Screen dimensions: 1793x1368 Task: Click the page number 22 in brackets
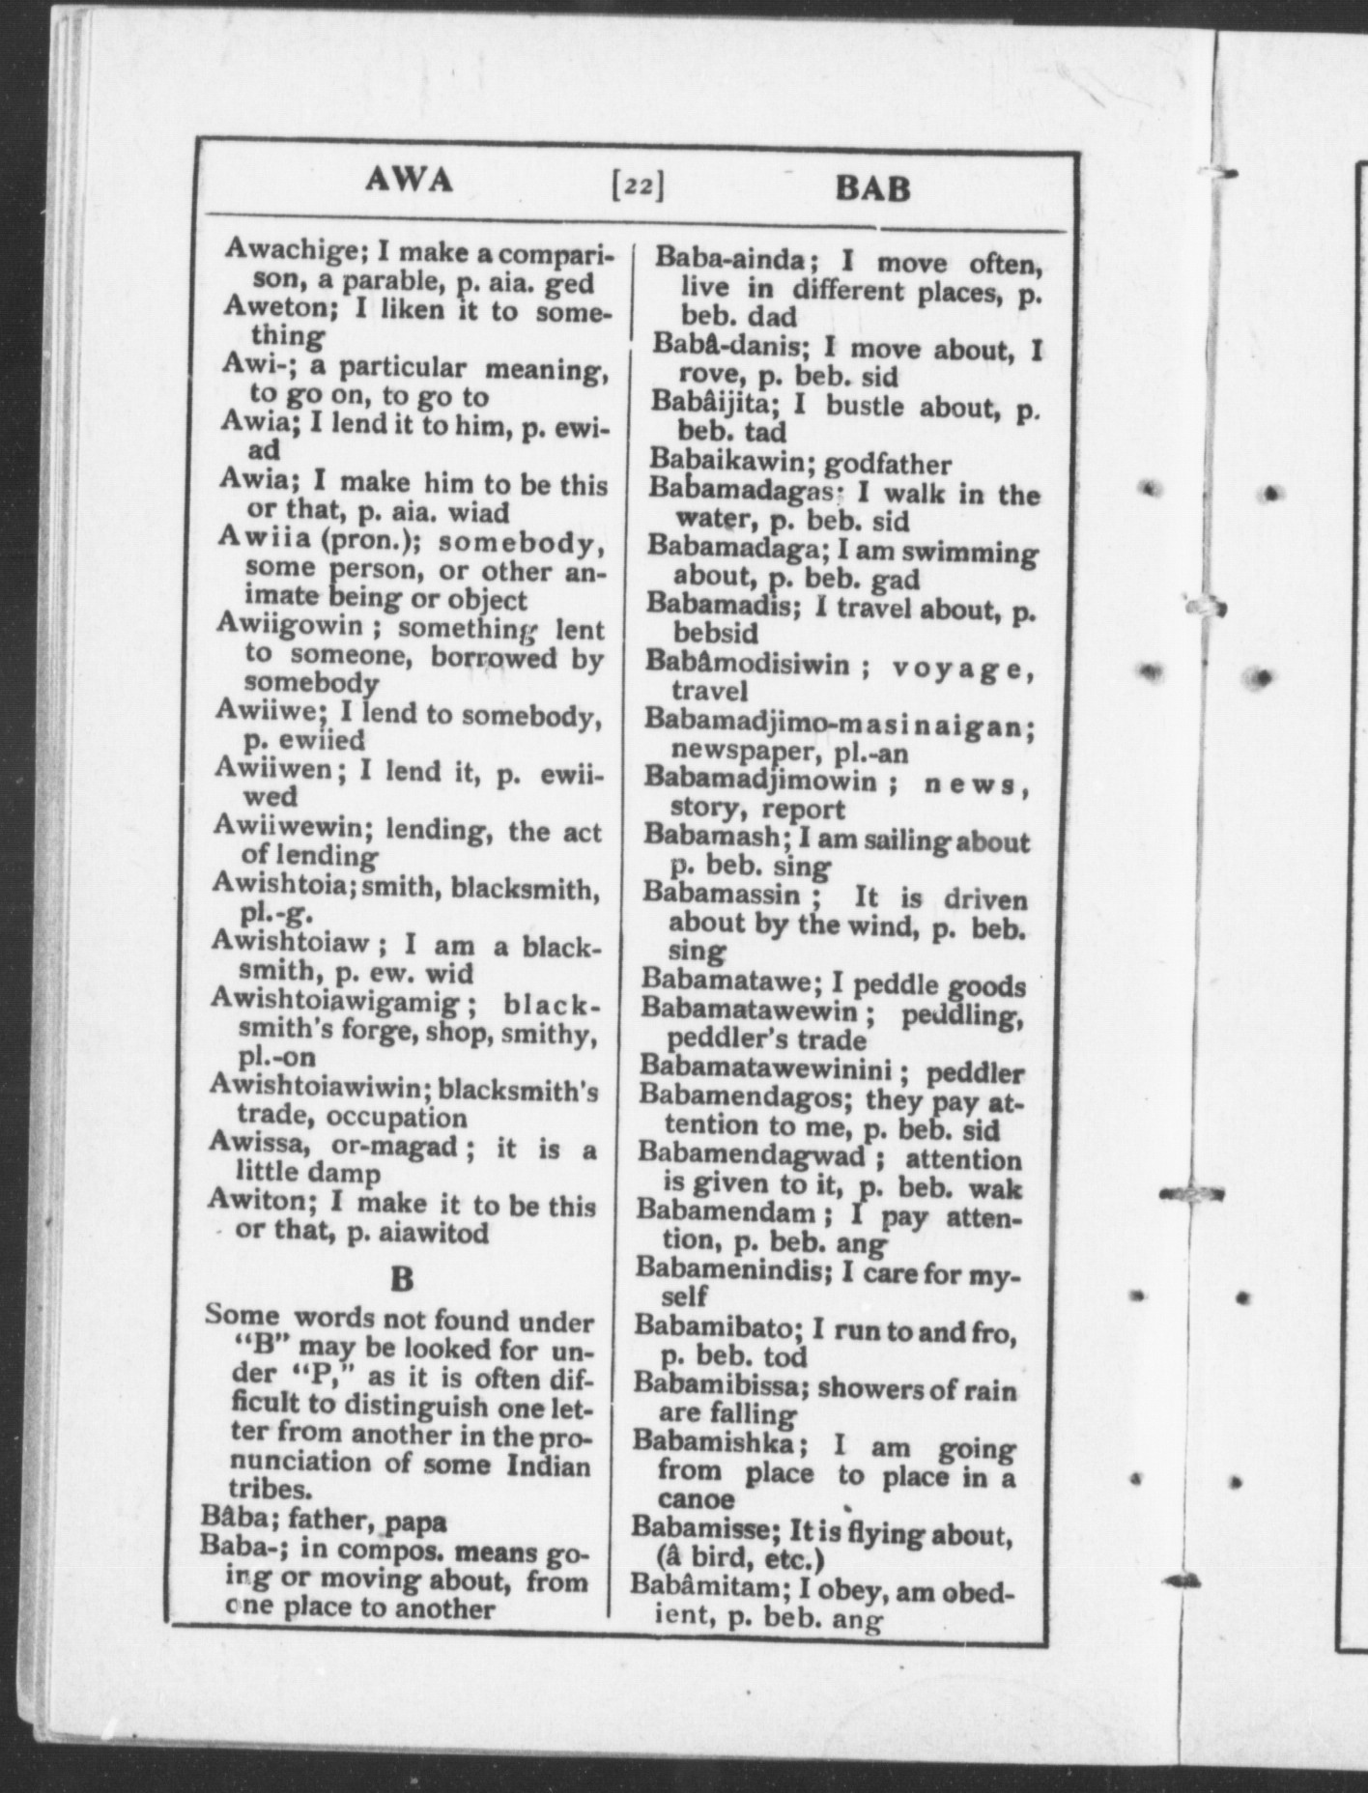point(637,185)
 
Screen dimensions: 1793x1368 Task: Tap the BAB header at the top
point(872,186)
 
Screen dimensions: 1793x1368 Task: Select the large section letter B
point(401,1279)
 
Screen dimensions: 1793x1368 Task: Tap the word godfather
point(888,465)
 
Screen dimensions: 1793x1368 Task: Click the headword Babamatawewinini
point(771,1070)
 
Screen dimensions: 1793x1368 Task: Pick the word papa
point(416,1523)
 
